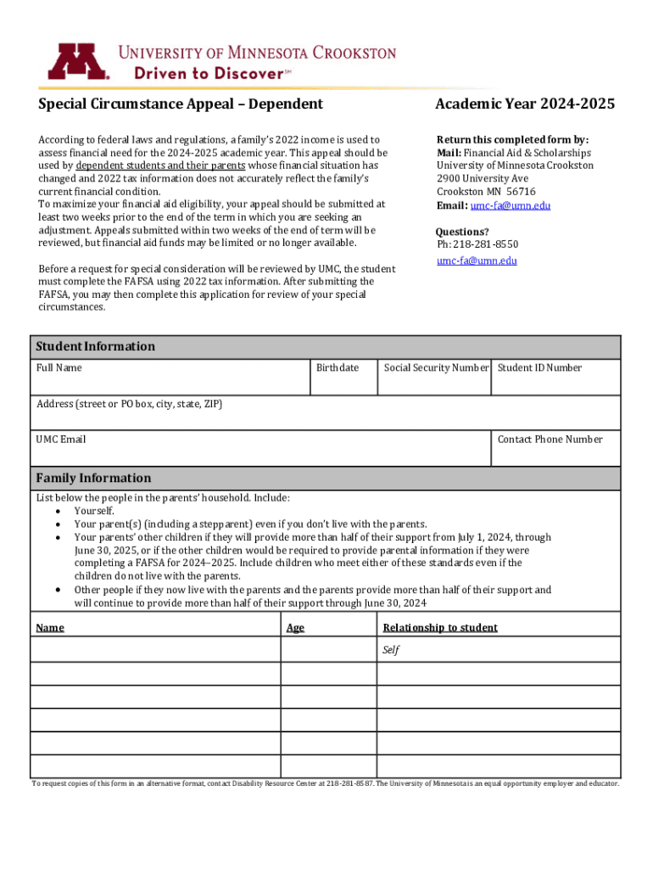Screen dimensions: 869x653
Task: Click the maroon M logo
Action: coord(78,62)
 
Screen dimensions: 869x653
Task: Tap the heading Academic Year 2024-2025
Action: coord(525,104)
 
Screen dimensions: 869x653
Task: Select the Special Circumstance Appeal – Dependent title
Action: coord(181,104)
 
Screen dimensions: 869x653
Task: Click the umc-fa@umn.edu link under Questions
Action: coord(477,261)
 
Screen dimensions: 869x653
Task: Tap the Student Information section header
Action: coord(95,346)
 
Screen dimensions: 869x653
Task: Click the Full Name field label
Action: coord(59,367)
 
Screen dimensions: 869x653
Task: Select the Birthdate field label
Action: coord(338,367)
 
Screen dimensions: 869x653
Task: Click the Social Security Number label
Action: coord(436,367)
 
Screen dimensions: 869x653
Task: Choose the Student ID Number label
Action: coord(539,367)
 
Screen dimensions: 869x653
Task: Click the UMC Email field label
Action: coord(60,440)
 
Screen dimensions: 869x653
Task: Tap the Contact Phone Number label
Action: coord(550,440)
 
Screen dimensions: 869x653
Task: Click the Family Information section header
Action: coord(93,478)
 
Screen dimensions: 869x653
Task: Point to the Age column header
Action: coord(295,628)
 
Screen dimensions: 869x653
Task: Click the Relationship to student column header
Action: coord(439,628)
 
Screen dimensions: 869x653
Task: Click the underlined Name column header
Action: coord(50,628)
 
